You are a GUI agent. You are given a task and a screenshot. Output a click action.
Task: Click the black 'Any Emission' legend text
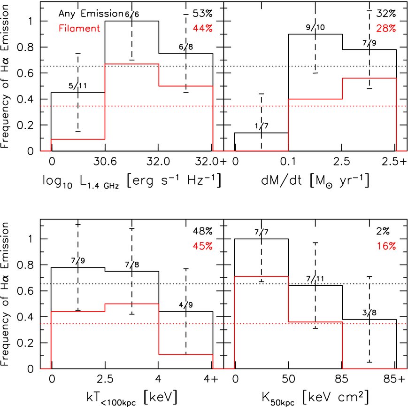(91, 14)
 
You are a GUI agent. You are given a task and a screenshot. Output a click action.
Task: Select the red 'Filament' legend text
(79, 28)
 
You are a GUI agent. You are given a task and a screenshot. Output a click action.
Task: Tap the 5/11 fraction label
(77, 86)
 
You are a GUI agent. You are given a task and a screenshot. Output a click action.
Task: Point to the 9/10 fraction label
(316, 27)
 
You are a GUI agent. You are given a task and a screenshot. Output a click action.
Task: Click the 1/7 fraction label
(262, 126)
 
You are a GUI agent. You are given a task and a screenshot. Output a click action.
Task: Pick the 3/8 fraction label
(370, 313)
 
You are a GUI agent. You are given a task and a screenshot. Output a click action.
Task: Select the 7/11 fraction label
(315, 279)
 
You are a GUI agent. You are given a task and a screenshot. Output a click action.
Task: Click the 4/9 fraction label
(186, 305)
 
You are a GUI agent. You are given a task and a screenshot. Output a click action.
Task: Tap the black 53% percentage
(203, 13)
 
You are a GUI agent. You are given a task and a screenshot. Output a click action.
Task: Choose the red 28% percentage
(386, 28)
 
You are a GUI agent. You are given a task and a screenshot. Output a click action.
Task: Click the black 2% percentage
(383, 231)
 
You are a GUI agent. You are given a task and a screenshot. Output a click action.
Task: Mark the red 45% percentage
(203, 246)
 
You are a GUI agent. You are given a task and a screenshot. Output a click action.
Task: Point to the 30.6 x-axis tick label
(105, 162)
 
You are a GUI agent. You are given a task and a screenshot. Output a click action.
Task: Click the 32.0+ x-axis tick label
(210, 162)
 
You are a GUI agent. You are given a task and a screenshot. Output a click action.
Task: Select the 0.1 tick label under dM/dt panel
(288, 162)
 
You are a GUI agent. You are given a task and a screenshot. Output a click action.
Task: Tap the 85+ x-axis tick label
(394, 379)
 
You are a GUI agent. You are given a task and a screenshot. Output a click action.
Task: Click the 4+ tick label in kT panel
(211, 379)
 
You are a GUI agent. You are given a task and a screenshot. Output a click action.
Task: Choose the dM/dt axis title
(315, 180)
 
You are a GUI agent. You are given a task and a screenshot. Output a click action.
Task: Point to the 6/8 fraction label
(186, 47)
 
